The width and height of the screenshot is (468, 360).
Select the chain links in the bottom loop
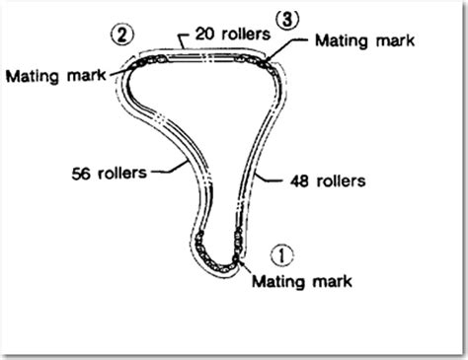(217, 253)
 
